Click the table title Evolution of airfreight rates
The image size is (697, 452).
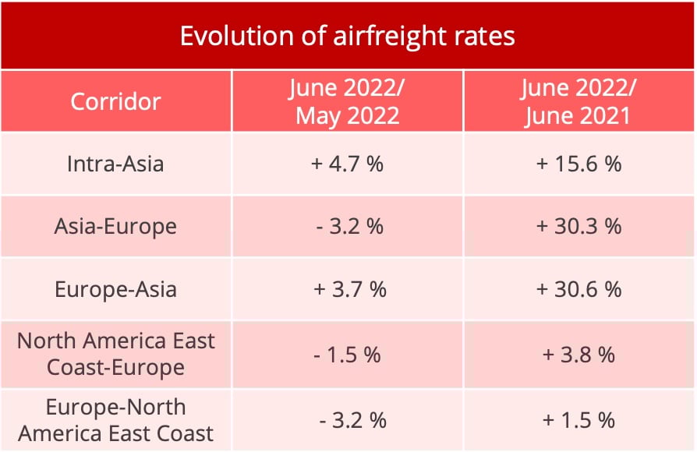click(348, 36)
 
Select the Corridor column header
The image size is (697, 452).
click(115, 101)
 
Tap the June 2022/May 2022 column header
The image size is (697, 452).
click(348, 101)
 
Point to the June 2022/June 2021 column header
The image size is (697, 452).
click(579, 101)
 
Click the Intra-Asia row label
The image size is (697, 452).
click(115, 164)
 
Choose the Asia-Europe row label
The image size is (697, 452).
click(115, 227)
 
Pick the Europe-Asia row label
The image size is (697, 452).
click(115, 289)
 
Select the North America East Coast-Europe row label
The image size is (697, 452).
click(115, 354)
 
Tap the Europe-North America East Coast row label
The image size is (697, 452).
click(115, 420)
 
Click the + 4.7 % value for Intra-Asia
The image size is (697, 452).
click(348, 164)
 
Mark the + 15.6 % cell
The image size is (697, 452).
click(579, 164)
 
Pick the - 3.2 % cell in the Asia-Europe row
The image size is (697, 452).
click(348, 227)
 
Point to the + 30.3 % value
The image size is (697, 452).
click(579, 227)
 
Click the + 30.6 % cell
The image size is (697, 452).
click(579, 289)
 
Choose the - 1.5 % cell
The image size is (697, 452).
click(348, 355)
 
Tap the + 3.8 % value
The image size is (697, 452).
click(579, 355)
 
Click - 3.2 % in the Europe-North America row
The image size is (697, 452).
click(352, 420)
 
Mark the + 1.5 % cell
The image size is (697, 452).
click(579, 420)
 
